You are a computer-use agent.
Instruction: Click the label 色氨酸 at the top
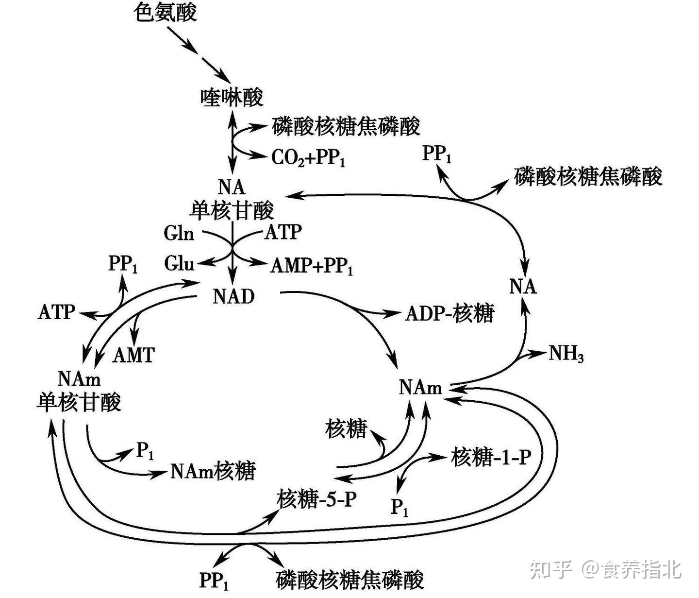tap(166, 12)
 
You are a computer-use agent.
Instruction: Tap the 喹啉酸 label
tap(232, 97)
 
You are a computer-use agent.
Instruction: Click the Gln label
tap(179, 233)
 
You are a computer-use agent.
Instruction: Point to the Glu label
tap(179, 263)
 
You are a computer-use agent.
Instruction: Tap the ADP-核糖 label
tap(449, 313)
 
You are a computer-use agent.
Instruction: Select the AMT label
tap(133, 355)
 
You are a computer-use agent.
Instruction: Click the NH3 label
tap(566, 354)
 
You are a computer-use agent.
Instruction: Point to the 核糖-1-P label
tap(491, 457)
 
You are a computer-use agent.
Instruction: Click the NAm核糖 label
tap(213, 470)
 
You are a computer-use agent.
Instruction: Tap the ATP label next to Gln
tap(283, 232)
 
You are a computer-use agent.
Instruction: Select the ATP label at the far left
tap(56, 312)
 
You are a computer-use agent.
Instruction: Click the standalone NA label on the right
tap(523, 287)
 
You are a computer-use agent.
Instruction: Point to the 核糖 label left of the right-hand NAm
tap(346, 429)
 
